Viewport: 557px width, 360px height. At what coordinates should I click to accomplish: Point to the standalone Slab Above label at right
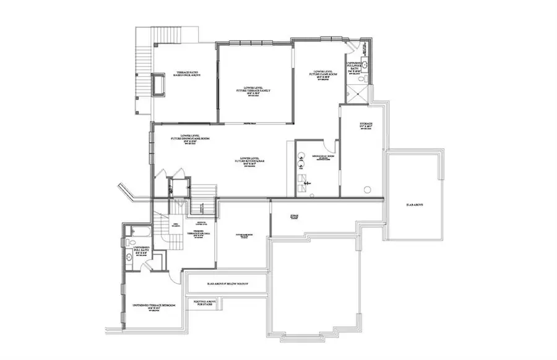tap(414, 205)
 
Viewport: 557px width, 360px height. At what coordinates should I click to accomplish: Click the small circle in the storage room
tap(366, 188)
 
